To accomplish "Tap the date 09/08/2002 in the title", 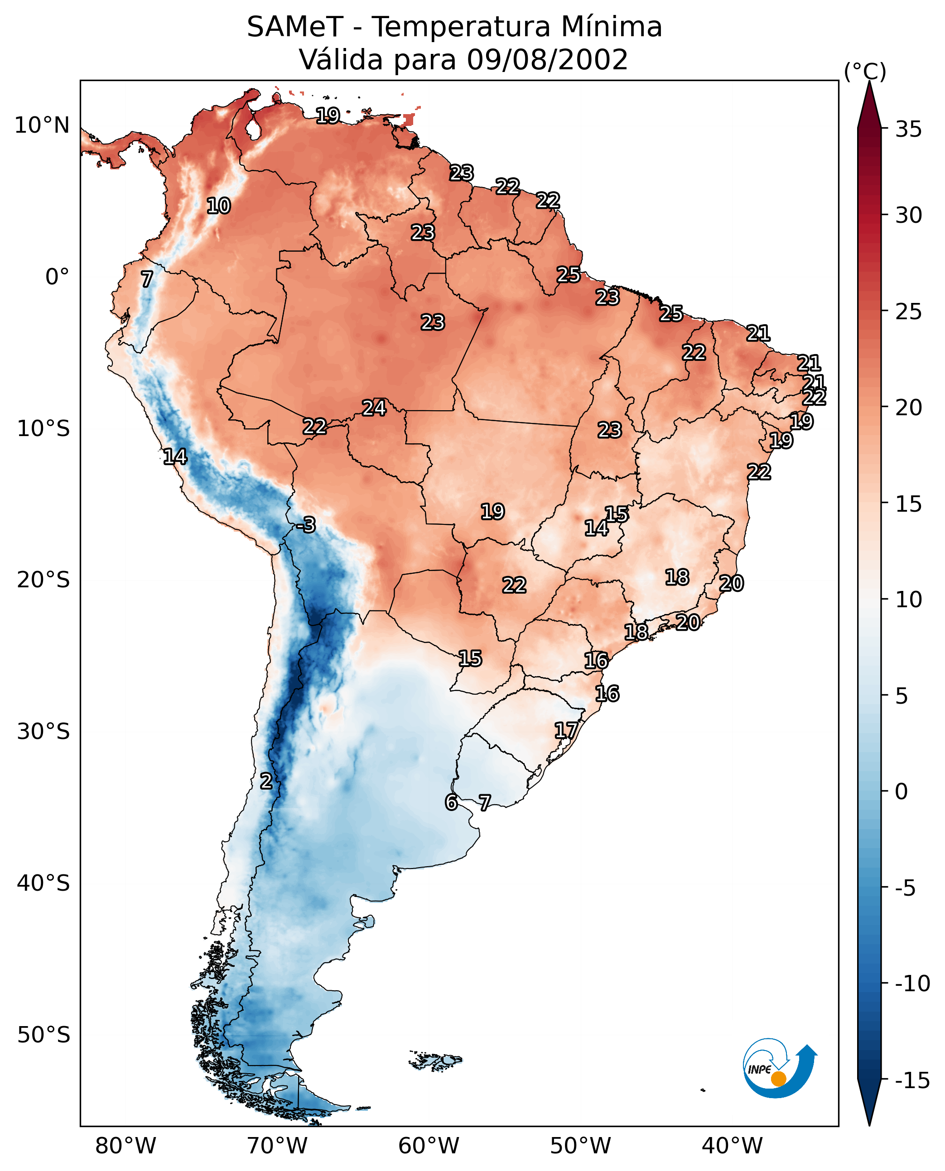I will tap(547, 59).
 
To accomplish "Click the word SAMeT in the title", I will tap(294, 27).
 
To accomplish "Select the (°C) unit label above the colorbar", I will tap(865, 71).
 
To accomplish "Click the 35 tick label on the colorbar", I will tap(908, 130).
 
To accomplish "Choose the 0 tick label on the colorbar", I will tap(902, 792).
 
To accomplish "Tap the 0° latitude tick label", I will tap(57, 277).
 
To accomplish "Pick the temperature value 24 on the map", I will tap(375, 408).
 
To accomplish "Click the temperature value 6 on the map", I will tap(451, 802).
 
